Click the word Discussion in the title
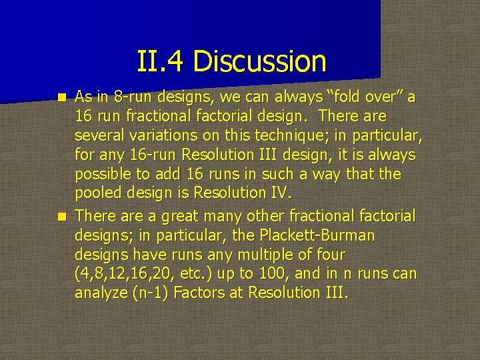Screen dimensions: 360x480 (261, 62)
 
